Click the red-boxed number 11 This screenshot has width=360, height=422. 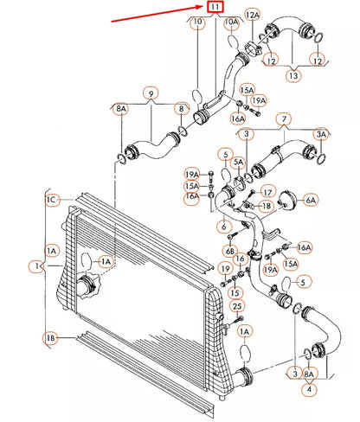point(215,7)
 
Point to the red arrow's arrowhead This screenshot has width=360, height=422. point(201,7)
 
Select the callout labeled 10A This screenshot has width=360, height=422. point(232,22)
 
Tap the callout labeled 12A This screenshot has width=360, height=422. point(252,15)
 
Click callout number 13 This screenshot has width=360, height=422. point(293,75)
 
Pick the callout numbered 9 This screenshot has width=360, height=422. point(151,93)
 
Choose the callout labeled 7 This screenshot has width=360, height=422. point(284,118)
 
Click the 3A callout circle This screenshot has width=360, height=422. point(321,134)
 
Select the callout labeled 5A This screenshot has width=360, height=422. point(238,162)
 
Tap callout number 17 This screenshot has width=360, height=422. point(268,192)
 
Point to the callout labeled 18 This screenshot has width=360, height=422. point(267,206)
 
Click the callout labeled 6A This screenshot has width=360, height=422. point(311,200)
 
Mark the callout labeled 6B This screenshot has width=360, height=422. point(230,251)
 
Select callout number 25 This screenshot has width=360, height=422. point(237,306)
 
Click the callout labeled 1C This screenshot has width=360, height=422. point(52,200)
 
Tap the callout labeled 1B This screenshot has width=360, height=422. point(51,338)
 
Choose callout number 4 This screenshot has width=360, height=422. point(309,389)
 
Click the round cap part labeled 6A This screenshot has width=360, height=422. point(286,200)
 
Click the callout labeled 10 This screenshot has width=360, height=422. point(197,22)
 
